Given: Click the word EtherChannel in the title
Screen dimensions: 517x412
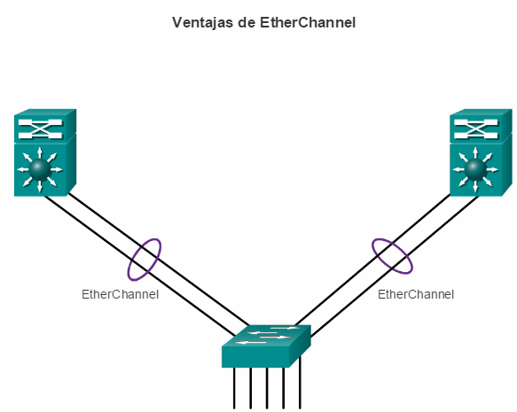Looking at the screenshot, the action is (308, 23).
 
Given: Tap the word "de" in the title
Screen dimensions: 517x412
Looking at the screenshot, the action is (247, 23).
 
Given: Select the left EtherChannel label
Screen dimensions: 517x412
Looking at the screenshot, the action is (120, 294).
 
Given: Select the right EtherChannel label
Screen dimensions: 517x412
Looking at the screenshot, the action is (416, 294).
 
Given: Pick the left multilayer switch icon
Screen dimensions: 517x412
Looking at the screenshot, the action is (45, 152).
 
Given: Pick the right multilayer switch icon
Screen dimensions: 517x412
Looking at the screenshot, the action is (481, 152).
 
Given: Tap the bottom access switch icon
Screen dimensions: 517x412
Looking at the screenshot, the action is (266, 346).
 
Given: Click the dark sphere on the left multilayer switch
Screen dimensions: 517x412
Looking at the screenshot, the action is (40, 169).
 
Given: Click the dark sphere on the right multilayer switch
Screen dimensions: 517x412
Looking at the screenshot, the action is (475, 169).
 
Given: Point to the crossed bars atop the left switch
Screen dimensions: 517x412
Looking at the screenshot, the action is (40, 129).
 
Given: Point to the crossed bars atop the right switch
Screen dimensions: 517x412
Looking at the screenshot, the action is (475, 129).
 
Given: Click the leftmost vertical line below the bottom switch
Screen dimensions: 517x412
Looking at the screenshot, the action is (234, 388).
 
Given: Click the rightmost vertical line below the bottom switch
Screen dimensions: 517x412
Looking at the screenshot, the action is (300, 383).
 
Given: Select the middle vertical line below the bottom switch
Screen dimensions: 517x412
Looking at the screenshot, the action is (267, 388).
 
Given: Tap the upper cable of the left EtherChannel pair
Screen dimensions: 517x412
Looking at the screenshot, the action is (159, 260).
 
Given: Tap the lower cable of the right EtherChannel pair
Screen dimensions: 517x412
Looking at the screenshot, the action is (395, 267).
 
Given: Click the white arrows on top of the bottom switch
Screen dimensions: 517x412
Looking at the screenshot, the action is (266, 335).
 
